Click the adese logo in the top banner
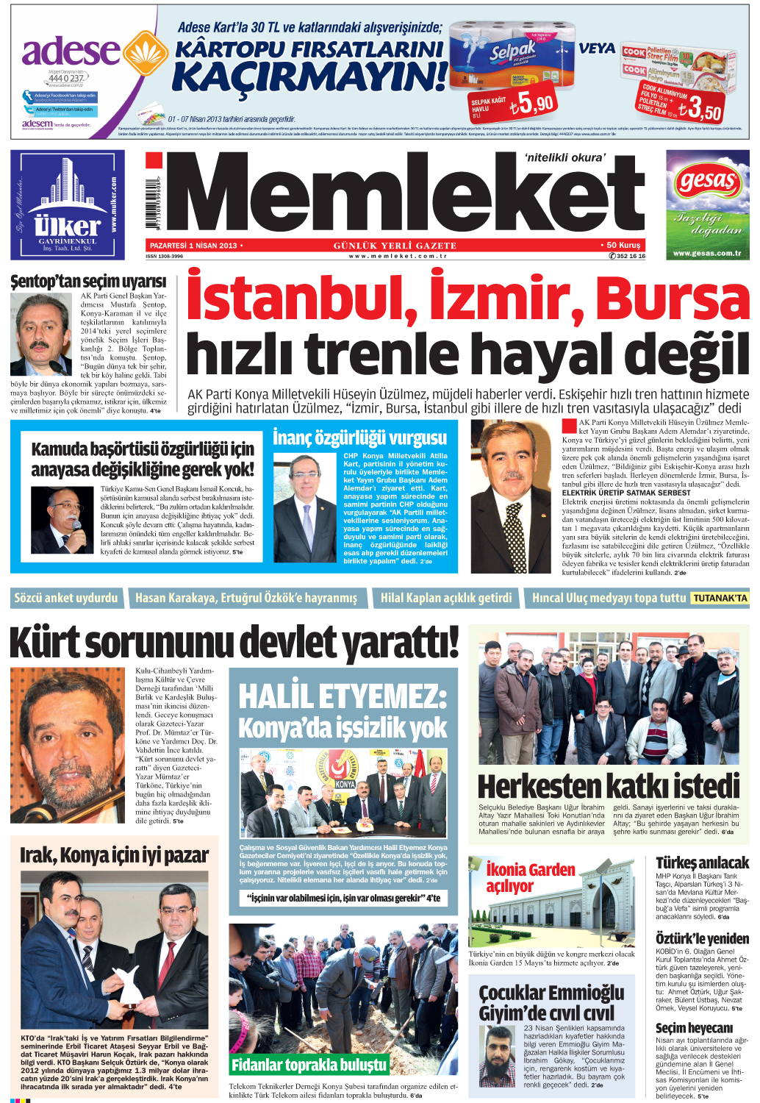[71, 51]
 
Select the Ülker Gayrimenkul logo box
[68, 204]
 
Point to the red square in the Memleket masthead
[154, 161]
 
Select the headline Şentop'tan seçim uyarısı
[88, 282]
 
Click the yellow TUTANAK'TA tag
[720, 599]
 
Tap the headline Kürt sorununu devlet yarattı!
[234, 642]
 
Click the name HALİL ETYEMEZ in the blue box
[343, 696]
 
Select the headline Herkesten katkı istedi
[609, 786]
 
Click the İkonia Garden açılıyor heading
[529, 877]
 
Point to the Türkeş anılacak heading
[702, 863]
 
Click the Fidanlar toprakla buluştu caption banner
[309, 1065]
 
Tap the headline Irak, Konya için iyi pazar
[114, 855]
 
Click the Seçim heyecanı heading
[694, 1028]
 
